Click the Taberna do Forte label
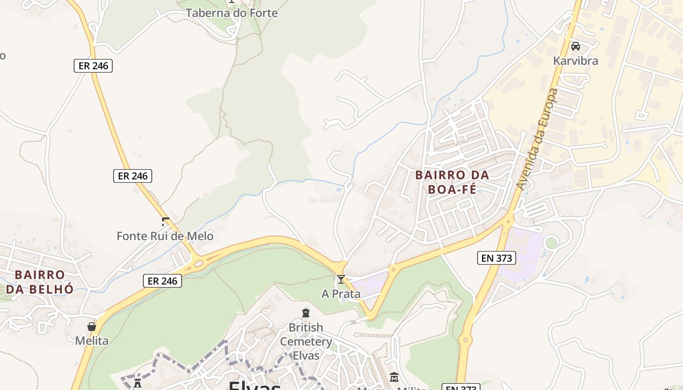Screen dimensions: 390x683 pyautogui.click(x=232, y=13)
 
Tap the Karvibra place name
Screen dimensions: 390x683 pyautogui.click(x=575, y=61)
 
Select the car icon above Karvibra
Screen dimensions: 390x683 pyautogui.click(x=576, y=46)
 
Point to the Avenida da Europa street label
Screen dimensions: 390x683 pyautogui.click(x=537, y=139)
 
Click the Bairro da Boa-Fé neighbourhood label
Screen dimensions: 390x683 pyautogui.click(x=452, y=182)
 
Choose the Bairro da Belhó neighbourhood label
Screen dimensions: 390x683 pyautogui.click(x=40, y=282)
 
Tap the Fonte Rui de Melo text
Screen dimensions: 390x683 pyautogui.click(x=165, y=236)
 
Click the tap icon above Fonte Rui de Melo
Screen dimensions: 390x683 pyautogui.click(x=165, y=222)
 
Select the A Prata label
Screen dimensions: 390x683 pyautogui.click(x=341, y=294)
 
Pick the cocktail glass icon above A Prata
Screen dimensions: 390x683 pyautogui.click(x=341, y=279)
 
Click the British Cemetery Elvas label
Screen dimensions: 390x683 pyautogui.click(x=306, y=341)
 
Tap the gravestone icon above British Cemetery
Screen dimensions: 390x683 pyautogui.click(x=306, y=313)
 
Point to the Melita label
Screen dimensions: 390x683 pyautogui.click(x=92, y=340)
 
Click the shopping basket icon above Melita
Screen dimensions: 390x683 pyautogui.click(x=92, y=327)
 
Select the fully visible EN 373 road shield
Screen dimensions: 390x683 pyautogui.click(x=497, y=258)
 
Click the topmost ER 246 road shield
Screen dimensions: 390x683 pyautogui.click(x=93, y=66)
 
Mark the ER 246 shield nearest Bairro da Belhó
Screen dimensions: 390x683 pyautogui.click(x=162, y=281)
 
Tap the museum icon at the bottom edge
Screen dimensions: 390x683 pyautogui.click(x=394, y=377)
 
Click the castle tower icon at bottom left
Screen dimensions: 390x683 pyautogui.click(x=138, y=382)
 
